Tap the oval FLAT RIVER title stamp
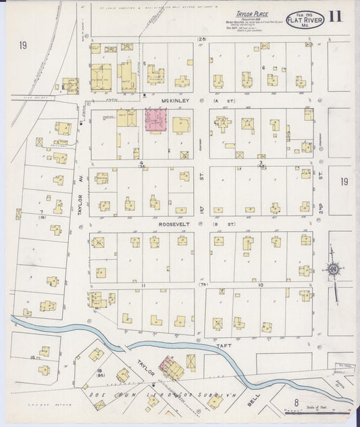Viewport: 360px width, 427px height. point(305,20)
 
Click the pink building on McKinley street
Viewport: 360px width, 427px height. point(157,120)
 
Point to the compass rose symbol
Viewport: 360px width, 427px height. point(333,271)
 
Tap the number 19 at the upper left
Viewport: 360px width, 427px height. point(23,46)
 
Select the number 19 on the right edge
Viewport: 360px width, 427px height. point(345,182)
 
